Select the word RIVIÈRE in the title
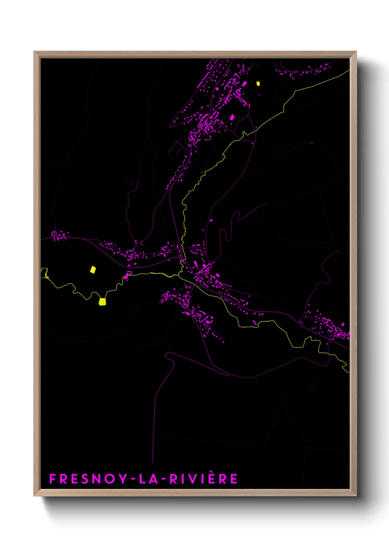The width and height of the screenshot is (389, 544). [x=203, y=479]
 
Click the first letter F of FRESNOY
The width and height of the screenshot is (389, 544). [x=53, y=479]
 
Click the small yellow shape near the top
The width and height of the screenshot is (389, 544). [x=258, y=83]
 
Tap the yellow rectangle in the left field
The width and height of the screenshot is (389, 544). [x=93, y=270]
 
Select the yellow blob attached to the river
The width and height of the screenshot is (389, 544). [x=102, y=302]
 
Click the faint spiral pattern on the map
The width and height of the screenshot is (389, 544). [x=128, y=180]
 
